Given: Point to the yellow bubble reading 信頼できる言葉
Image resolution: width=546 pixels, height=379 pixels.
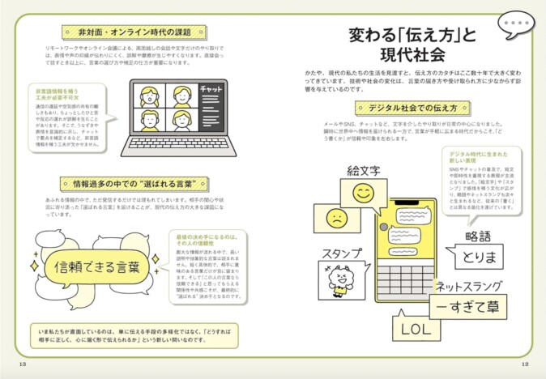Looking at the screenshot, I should coord(96,264).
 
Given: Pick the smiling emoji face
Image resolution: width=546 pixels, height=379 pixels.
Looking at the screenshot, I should coord(364,194).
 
